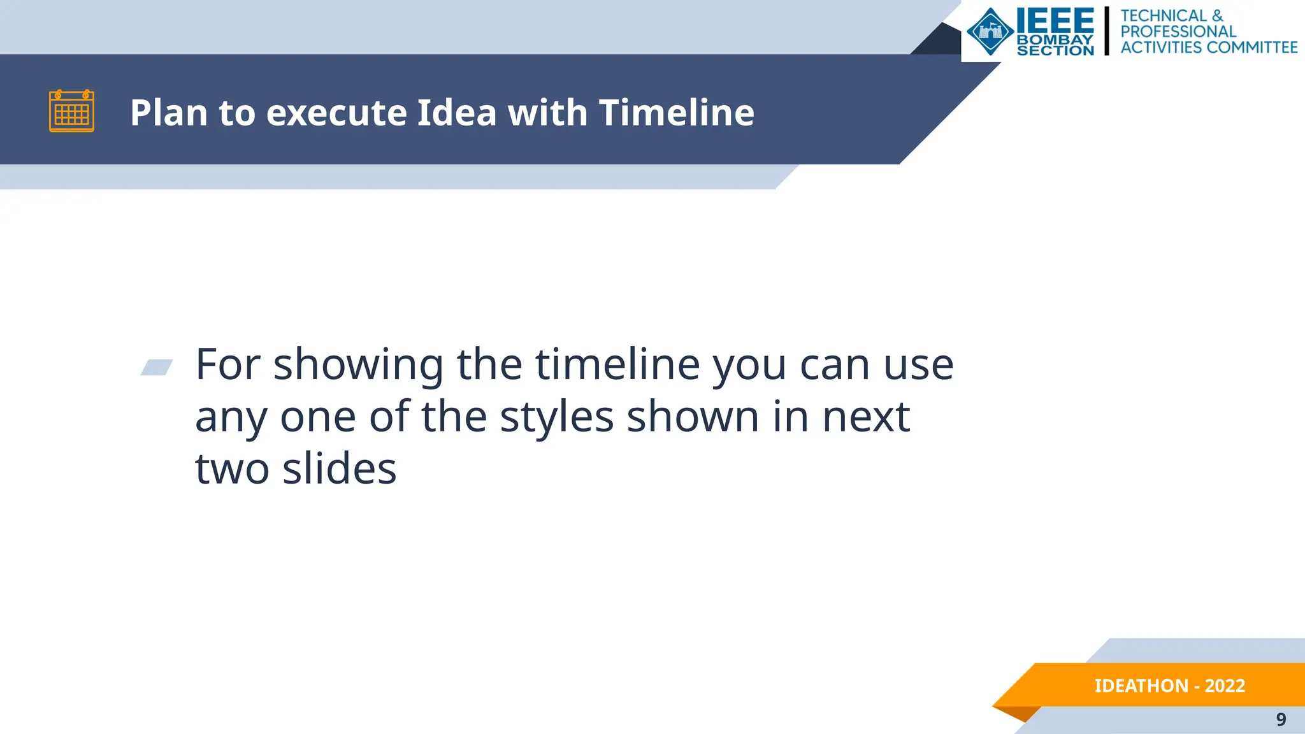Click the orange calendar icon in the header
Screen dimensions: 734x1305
[71, 112]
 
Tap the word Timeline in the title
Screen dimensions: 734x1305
[676, 113]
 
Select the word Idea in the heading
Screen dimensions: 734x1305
[457, 113]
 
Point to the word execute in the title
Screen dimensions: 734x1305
[336, 113]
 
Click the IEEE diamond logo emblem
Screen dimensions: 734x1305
[990, 31]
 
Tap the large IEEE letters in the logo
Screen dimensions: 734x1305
[1055, 21]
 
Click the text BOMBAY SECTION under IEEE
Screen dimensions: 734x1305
[1055, 45]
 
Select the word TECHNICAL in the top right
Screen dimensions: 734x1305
[1164, 15]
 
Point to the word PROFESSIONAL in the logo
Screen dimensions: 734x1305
[1178, 31]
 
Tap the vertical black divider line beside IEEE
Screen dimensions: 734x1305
[1107, 31]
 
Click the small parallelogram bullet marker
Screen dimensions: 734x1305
[157, 367]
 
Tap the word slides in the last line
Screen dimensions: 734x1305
[339, 469]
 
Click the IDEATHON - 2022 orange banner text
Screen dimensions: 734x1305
[1169, 686]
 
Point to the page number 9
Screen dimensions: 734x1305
[1281, 719]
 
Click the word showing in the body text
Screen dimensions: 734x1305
[358, 366]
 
